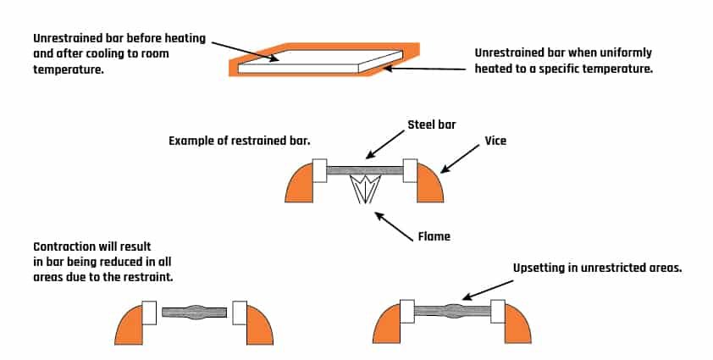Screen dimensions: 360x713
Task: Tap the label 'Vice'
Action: [x=495, y=140]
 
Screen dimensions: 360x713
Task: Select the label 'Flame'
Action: [x=434, y=236]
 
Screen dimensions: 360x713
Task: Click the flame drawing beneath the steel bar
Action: [x=365, y=191]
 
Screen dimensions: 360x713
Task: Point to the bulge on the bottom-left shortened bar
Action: [x=194, y=311]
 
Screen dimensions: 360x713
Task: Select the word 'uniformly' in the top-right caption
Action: [x=622, y=53]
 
